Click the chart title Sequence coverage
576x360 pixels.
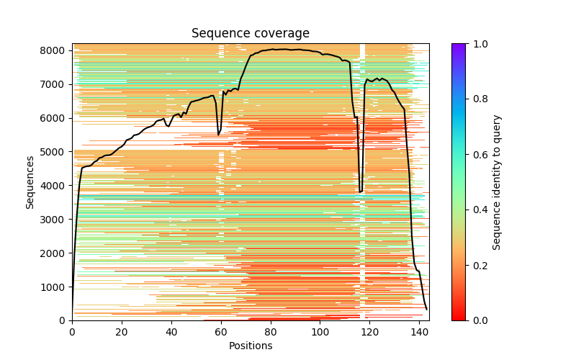point(250,34)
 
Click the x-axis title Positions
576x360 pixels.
point(250,346)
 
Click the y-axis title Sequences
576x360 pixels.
point(30,182)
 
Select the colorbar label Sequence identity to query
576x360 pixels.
point(497,182)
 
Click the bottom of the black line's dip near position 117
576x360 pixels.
point(361,192)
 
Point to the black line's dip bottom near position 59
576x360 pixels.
point(219,135)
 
